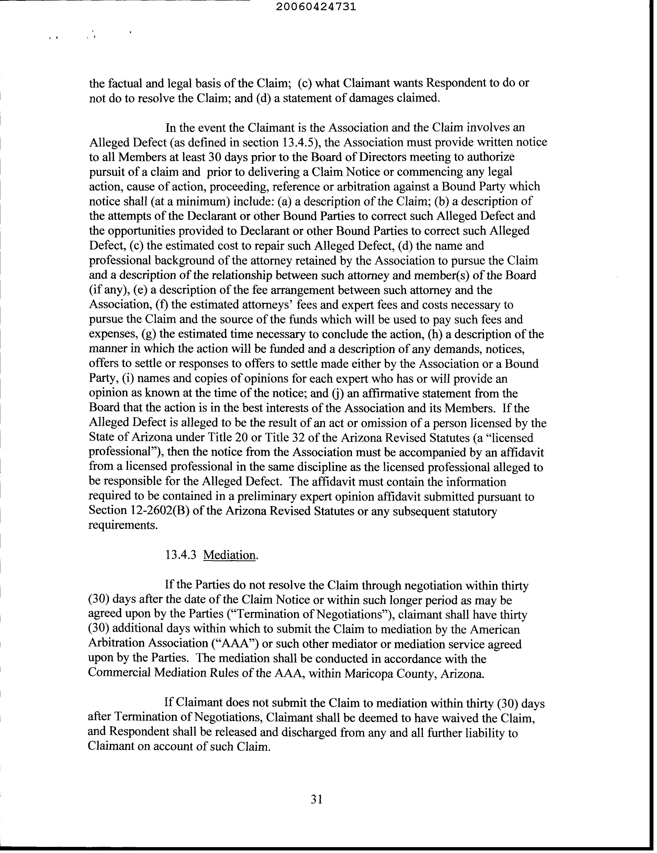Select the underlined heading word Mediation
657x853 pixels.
230,555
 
